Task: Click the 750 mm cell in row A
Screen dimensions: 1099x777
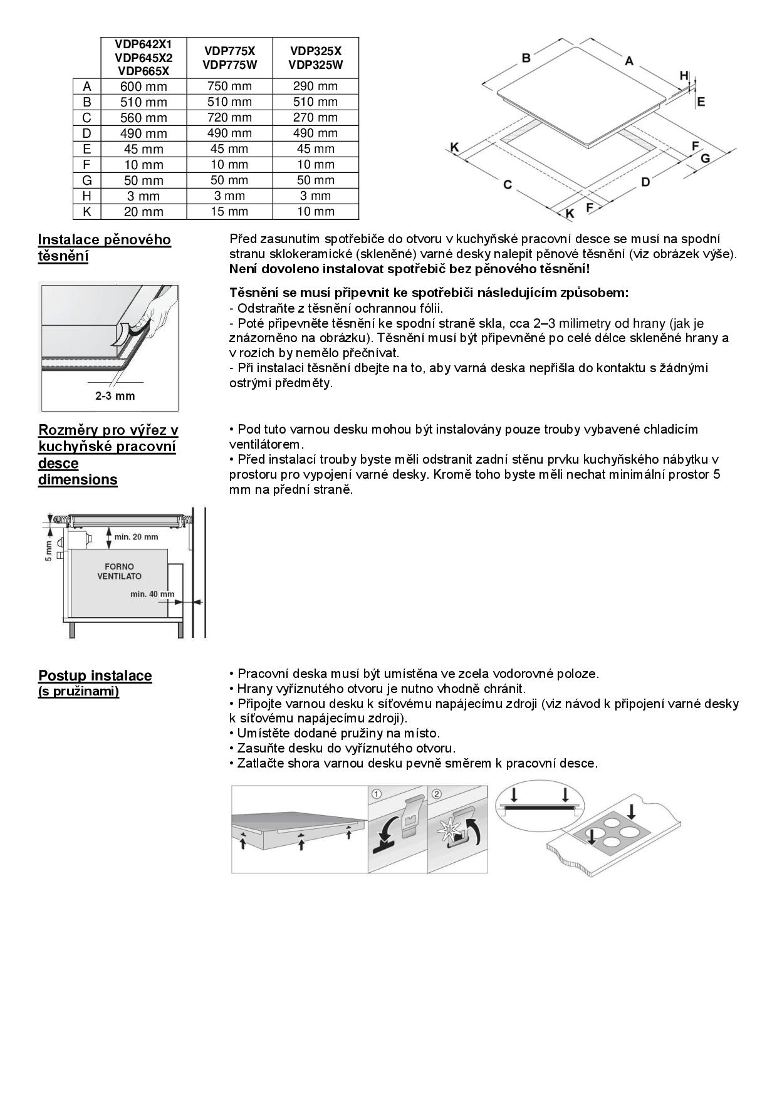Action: (229, 86)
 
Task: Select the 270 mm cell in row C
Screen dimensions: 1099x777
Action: (315, 118)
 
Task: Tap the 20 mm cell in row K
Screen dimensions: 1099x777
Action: (143, 212)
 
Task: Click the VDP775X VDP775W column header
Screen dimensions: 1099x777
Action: (229, 58)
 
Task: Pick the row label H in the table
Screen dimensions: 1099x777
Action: (87, 196)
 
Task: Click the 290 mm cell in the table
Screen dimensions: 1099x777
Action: (315, 86)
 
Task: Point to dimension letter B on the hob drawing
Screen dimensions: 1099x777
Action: (526, 58)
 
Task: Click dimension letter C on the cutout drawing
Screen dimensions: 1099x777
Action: (508, 184)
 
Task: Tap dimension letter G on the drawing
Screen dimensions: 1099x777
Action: (705, 159)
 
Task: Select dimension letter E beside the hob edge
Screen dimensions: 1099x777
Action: (701, 102)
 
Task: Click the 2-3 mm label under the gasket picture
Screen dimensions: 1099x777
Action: (115, 396)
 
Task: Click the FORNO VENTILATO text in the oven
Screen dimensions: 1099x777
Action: (119, 571)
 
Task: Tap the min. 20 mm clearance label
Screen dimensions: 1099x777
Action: (137, 537)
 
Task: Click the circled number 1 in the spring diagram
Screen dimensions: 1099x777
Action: (377, 794)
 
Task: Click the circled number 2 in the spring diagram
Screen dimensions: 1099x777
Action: (437, 794)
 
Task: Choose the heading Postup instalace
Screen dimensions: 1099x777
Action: (95, 676)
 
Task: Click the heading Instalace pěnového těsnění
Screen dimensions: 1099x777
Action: (104, 248)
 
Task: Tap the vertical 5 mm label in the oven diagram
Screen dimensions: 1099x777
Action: (49, 550)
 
